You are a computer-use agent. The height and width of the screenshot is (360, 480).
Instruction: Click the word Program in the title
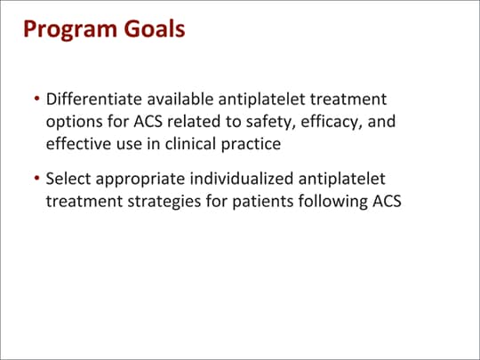(69, 30)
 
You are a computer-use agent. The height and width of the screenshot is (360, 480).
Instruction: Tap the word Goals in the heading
(155, 29)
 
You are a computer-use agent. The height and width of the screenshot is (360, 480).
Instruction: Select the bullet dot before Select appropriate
(36, 180)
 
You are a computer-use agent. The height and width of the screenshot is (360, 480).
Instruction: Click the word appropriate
(137, 180)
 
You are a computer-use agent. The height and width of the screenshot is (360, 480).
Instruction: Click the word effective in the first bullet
(77, 142)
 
